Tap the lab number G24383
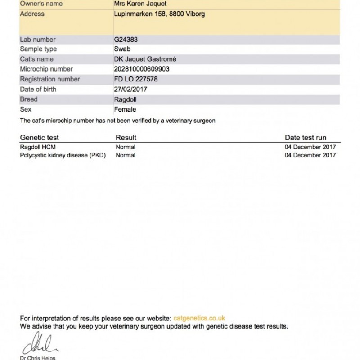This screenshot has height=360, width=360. (126, 40)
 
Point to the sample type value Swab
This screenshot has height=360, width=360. (122, 49)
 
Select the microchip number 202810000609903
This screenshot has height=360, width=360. (142, 69)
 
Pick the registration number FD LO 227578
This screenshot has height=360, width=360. (136, 79)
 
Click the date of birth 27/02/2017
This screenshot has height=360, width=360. (131, 89)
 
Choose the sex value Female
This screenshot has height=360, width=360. (126, 109)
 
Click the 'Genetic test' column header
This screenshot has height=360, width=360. (40, 138)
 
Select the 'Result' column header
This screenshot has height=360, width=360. (126, 138)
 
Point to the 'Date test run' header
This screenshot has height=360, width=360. (306, 138)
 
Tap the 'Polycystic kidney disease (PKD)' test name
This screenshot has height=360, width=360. (65, 156)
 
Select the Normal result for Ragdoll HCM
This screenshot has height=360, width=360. (126, 147)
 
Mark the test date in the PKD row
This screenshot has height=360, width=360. (310, 156)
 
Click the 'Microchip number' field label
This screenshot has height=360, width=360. (46, 69)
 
